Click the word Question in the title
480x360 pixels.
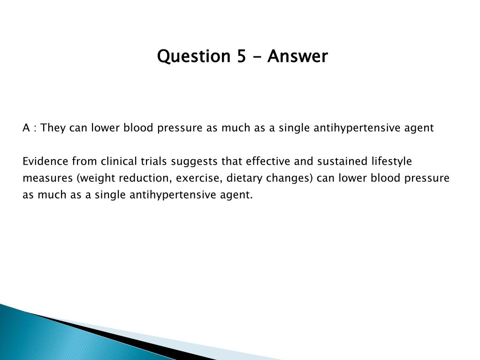193,56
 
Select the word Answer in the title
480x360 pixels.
297,56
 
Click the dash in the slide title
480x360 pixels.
257,57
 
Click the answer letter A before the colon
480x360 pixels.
26,128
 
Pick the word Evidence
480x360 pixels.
46,161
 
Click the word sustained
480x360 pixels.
342,161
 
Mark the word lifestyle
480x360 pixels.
392,161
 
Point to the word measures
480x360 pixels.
47,178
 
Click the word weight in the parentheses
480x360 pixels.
96,178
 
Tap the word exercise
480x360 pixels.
199,178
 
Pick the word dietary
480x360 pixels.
244,178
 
